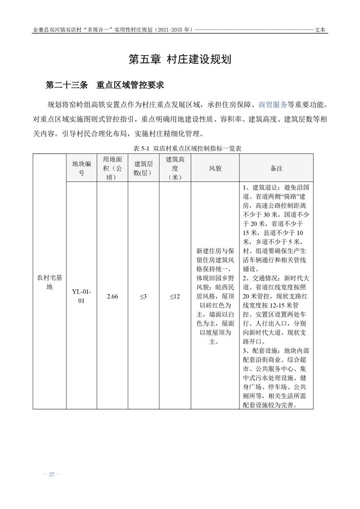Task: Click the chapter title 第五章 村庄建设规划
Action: [180, 59]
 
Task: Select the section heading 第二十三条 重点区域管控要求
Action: [104, 85]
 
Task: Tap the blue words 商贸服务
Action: [272, 105]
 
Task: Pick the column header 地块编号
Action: [82, 168]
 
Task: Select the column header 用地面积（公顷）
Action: [112, 168]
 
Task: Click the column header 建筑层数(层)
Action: [143, 168]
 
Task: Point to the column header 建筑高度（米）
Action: [175, 168]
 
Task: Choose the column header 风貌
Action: [215, 168]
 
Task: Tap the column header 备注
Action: [276, 168]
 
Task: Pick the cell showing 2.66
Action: [112, 296]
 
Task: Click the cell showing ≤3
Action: [143, 296]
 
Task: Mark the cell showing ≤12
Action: [175, 296]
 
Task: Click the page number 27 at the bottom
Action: [51, 474]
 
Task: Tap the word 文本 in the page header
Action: [321, 30]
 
